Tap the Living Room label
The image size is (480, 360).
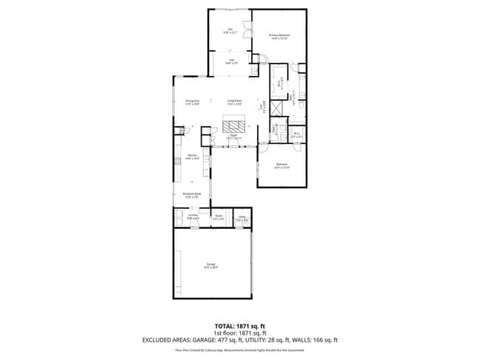point(235,103)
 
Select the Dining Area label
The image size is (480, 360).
point(193,103)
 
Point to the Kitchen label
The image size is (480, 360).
point(192,156)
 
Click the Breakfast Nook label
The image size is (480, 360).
point(192,195)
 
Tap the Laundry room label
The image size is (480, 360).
point(192,217)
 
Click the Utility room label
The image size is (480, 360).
point(241,219)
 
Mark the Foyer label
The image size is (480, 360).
point(236,137)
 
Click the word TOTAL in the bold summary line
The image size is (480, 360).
point(224,325)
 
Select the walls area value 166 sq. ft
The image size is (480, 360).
point(324,339)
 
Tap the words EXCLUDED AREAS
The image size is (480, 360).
point(168,339)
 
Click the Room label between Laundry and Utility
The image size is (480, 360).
point(219,218)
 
